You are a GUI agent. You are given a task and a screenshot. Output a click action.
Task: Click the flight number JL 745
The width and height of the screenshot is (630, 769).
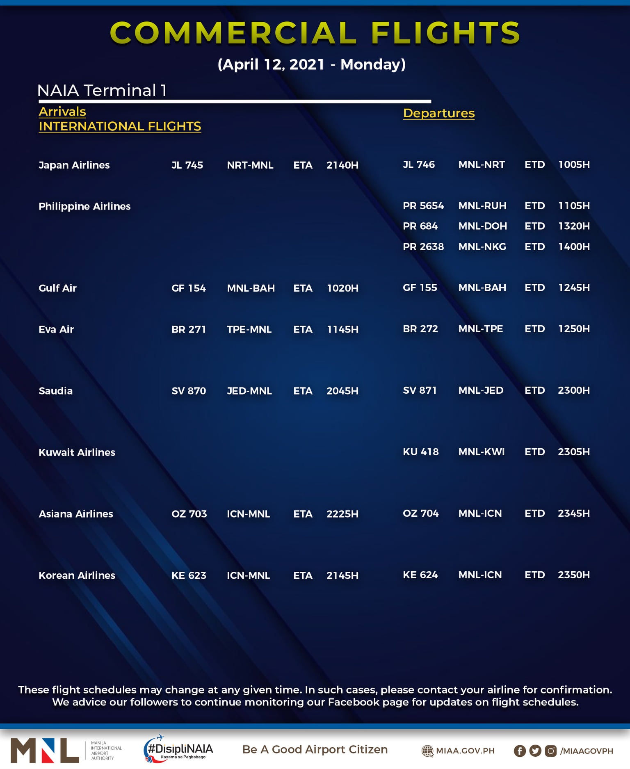[x=187, y=165]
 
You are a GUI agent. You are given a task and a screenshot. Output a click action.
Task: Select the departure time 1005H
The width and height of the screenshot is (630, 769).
[x=574, y=164]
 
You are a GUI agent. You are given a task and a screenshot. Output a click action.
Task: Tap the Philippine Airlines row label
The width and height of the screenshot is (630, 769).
[x=84, y=206]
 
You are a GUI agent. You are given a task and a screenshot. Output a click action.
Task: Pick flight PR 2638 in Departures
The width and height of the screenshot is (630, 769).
[x=423, y=246]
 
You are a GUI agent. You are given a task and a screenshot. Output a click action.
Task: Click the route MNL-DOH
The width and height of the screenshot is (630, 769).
[x=482, y=226]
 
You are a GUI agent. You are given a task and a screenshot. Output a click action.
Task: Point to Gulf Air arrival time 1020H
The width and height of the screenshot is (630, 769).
[x=342, y=288]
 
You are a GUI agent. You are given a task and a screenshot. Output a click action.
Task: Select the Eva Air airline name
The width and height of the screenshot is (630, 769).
[x=56, y=329]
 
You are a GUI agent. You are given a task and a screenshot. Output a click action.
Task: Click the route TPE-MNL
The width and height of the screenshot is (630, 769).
[x=249, y=329]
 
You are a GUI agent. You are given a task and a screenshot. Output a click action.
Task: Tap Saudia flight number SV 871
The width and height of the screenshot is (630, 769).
[x=420, y=390]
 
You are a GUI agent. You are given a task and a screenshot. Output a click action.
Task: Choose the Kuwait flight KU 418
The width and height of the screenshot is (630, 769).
[x=420, y=452]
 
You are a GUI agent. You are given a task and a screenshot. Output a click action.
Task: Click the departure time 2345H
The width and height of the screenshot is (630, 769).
[x=573, y=513]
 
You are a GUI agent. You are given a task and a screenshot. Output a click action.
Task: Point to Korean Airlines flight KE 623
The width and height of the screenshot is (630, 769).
[x=189, y=575]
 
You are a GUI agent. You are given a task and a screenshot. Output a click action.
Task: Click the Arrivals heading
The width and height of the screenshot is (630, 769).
[x=62, y=112]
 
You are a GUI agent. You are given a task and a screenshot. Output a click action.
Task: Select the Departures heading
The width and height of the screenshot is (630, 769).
[x=438, y=113]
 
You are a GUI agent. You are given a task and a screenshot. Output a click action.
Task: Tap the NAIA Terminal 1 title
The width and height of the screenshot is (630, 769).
[x=102, y=91]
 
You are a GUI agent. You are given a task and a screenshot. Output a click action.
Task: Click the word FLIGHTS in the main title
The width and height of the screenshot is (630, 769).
[x=445, y=33]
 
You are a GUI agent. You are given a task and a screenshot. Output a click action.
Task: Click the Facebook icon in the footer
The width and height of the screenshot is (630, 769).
[x=520, y=751]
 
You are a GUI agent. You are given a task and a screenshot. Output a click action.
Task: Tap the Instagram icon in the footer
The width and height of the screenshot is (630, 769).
[x=551, y=751]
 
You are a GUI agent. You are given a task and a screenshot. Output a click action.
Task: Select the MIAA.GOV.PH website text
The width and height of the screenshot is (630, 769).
[x=465, y=751]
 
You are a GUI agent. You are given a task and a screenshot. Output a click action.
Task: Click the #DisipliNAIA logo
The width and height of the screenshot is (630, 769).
[x=179, y=749]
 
